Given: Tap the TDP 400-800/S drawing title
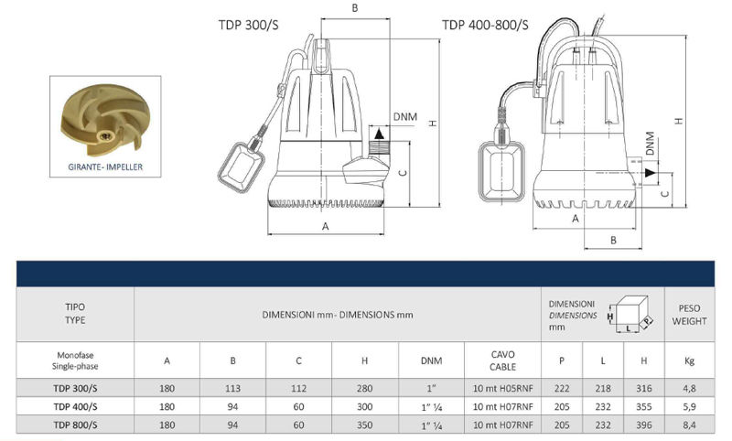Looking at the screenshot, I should (x=485, y=25).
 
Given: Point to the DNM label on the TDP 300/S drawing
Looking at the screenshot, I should (x=406, y=116).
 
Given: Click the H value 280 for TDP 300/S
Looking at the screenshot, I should (x=365, y=388).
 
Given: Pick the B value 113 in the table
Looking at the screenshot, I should (x=232, y=388).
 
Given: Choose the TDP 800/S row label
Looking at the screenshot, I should (x=75, y=425).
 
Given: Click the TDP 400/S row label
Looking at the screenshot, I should (x=75, y=406).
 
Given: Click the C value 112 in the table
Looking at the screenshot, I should (x=299, y=388).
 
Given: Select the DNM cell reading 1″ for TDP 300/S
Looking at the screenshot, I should (x=432, y=388).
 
